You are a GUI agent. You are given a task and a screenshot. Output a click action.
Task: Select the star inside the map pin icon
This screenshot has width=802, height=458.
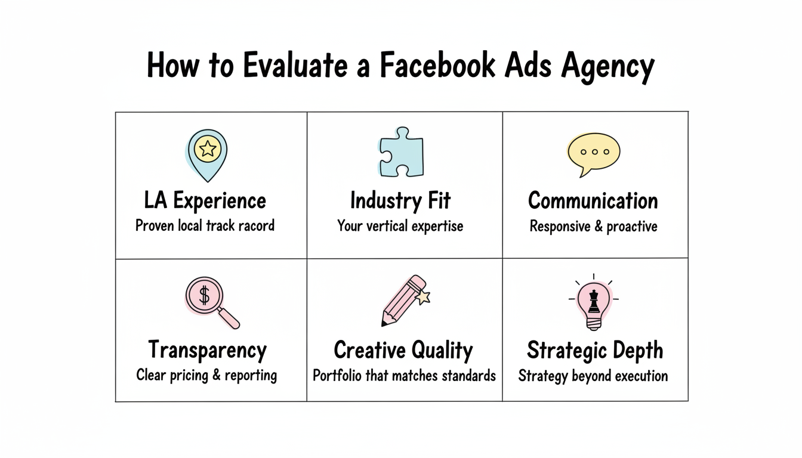tap(207, 148)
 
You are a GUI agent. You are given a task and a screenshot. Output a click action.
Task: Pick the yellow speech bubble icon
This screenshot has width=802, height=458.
tap(593, 153)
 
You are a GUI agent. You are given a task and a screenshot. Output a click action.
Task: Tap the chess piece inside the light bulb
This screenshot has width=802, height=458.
tap(594, 301)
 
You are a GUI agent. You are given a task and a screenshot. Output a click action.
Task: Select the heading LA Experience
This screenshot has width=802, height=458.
tap(205, 201)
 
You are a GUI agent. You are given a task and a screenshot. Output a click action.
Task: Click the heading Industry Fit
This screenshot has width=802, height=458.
tap(400, 201)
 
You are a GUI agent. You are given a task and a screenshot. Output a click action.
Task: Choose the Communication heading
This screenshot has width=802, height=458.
tap(593, 201)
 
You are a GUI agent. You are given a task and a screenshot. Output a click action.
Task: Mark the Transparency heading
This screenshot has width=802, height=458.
tap(206, 350)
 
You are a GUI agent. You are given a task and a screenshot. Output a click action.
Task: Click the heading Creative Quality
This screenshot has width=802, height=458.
tap(403, 350)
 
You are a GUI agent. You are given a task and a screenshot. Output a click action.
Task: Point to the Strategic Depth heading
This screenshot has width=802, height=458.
tap(594, 350)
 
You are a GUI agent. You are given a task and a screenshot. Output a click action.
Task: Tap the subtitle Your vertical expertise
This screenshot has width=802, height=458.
tap(400, 227)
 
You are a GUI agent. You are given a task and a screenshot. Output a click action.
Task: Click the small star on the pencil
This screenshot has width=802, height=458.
tap(425, 296)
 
